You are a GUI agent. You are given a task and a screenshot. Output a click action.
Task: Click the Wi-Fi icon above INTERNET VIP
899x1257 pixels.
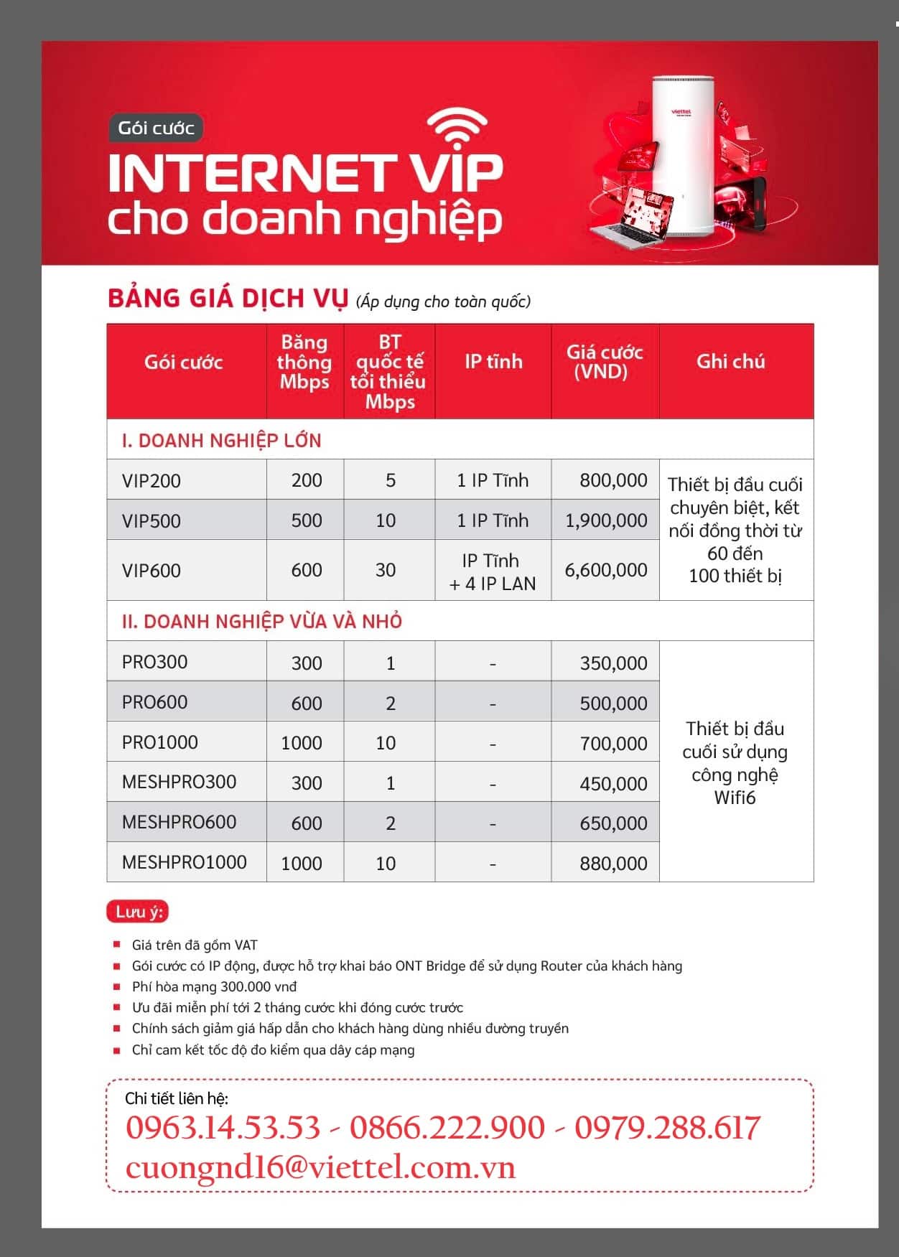coord(457,128)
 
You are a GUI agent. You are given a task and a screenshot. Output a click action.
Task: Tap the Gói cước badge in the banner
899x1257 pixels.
coord(156,128)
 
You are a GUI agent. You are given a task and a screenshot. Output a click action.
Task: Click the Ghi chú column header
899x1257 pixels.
coord(730,362)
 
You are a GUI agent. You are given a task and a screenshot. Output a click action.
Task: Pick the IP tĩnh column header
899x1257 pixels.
coord(493,362)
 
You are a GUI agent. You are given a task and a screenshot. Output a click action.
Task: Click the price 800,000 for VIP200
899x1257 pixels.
coord(613,480)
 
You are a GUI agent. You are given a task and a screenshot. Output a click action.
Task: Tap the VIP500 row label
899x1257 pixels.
coord(152,520)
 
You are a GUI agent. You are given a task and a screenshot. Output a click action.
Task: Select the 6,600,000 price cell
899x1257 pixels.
coord(606,570)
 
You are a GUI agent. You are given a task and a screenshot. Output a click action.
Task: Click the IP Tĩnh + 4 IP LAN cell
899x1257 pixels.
coord(493,572)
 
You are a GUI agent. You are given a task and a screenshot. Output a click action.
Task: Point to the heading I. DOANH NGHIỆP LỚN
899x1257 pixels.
coord(221,441)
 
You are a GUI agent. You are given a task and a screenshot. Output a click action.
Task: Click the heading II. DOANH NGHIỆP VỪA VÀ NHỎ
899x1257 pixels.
coord(261,622)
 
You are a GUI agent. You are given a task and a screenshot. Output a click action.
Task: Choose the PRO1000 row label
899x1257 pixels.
coord(159,742)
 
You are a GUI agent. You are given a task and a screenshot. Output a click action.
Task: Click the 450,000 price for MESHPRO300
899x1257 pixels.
coord(613,784)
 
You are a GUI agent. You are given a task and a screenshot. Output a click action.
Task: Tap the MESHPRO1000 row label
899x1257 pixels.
coord(184,862)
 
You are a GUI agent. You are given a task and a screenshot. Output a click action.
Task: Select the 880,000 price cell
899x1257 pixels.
coord(613,864)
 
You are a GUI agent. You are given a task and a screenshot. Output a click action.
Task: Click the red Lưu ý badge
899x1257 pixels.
coord(137,912)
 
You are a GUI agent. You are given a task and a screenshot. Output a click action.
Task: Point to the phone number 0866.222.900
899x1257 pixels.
coord(447,1128)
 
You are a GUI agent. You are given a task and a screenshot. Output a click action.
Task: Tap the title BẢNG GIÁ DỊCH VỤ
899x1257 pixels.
coord(228,299)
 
